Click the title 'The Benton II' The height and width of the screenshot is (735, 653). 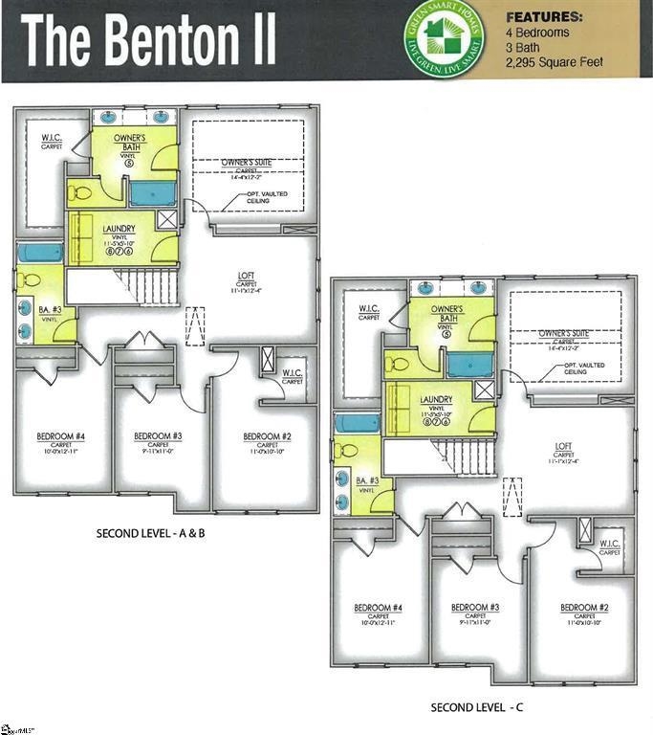(x=149, y=41)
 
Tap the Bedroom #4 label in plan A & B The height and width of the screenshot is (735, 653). (x=61, y=439)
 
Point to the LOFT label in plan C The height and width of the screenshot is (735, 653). (x=563, y=447)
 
